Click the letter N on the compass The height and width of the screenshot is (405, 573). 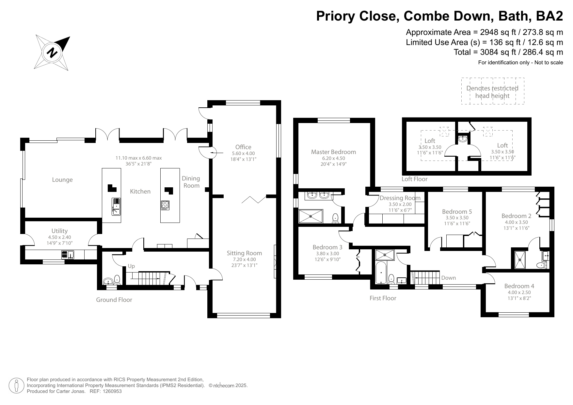52,53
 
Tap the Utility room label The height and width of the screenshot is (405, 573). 59,231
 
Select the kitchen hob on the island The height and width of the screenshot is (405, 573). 165,205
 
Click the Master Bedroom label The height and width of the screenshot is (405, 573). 333,152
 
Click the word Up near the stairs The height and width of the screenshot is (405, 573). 131,266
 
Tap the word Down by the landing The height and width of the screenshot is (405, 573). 448,278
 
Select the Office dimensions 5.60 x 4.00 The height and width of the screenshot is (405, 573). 243,153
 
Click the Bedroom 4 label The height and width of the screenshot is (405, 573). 519,286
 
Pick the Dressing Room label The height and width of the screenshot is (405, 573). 400,198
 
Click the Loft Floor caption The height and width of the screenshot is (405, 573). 414,179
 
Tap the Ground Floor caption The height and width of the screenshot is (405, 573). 114,300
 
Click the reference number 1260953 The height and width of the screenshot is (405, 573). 112,391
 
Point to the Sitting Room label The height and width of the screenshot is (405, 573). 244,253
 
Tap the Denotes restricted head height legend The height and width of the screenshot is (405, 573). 492,92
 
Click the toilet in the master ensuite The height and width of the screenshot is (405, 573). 335,218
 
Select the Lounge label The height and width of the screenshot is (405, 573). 62,180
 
